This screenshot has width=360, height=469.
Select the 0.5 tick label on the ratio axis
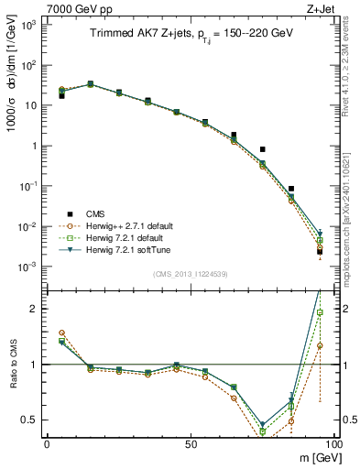click(x=29, y=420)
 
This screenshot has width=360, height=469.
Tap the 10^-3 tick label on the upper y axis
click(x=27, y=267)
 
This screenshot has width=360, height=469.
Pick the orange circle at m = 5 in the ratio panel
click(x=60, y=333)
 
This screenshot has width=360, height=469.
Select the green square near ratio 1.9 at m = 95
click(x=320, y=312)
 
